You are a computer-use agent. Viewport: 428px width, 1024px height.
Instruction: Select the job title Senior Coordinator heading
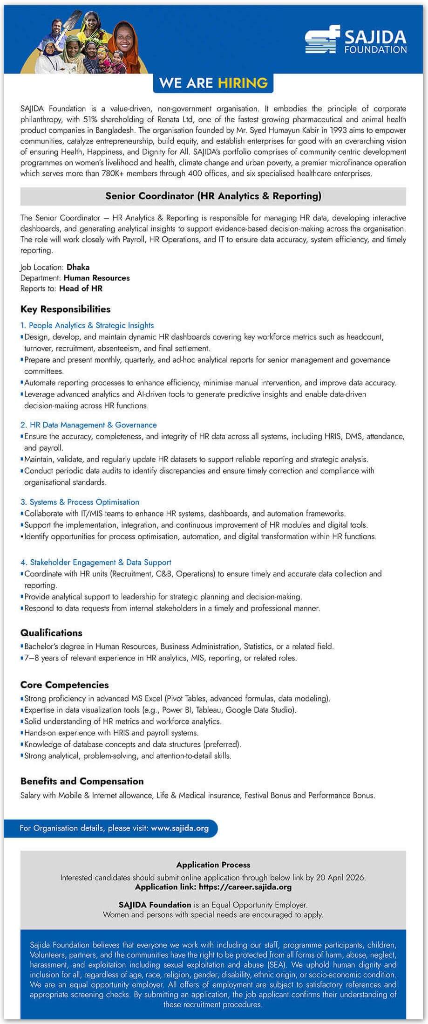pyautogui.click(x=213, y=196)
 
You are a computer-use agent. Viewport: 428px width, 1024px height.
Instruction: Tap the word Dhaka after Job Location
pyautogui.click(x=78, y=267)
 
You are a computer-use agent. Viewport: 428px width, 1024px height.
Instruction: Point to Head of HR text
pyautogui.click(x=81, y=289)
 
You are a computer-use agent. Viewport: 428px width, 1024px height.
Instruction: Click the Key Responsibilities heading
pyautogui.click(x=65, y=309)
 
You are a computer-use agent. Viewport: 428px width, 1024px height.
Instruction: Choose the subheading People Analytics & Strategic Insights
pyautogui.click(x=91, y=325)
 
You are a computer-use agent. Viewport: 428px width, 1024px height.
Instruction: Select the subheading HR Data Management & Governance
pyautogui.click(x=93, y=425)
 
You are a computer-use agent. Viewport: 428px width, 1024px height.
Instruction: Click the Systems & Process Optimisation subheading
pyautogui.click(x=84, y=502)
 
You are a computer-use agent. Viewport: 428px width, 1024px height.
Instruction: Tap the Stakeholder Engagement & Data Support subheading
pyautogui.click(x=101, y=562)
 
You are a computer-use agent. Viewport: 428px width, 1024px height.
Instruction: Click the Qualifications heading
pyautogui.click(x=51, y=632)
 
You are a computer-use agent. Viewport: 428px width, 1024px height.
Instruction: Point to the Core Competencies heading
pyautogui.click(x=64, y=685)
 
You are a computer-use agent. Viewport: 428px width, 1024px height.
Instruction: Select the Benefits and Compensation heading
pyautogui.click(x=82, y=781)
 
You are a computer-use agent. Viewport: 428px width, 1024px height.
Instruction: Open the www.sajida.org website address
pyautogui.click(x=180, y=828)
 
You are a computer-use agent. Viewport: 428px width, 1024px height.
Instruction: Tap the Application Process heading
pyautogui.click(x=213, y=865)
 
